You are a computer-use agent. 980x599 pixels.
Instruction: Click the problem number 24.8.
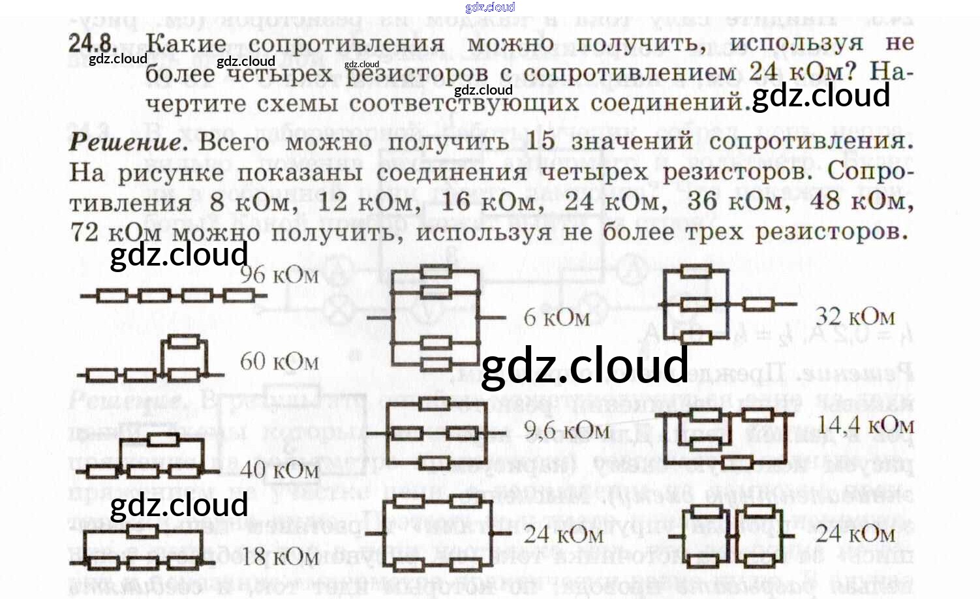click(93, 44)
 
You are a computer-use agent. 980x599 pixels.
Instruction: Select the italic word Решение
click(128, 142)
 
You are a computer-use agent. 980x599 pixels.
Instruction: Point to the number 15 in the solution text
click(540, 141)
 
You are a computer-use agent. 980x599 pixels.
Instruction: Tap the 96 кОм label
click(279, 275)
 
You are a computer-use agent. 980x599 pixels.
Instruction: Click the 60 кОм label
click(279, 361)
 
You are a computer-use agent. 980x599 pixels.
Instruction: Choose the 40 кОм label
click(279, 470)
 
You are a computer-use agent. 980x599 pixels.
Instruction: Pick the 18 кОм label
click(279, 557)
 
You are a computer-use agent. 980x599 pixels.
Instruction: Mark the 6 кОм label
click(557, 318)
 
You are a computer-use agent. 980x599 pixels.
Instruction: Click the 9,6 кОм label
click(566, 431)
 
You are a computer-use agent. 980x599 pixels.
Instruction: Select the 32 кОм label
click(855, 317)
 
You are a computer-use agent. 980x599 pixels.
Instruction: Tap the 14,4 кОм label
click(865, 425)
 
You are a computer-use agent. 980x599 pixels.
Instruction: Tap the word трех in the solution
click(715, 232)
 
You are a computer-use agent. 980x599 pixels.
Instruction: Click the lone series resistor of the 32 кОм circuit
click(759, 304)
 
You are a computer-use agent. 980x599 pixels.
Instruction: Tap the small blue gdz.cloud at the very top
click(490, 7)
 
